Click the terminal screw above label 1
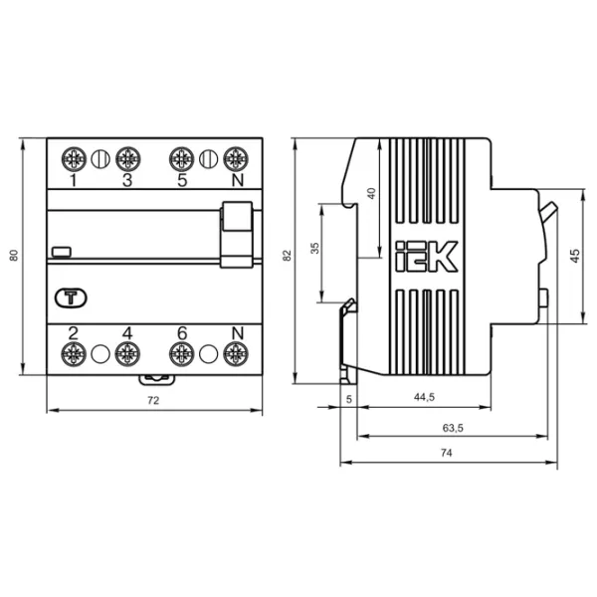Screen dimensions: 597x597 (74, 159)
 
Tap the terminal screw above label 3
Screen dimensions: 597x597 (128, 159)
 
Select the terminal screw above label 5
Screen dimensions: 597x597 (182, 159)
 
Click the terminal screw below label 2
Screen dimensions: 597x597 (74, 354)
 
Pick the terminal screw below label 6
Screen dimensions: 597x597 (182, 354)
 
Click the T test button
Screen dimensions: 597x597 (71, 298)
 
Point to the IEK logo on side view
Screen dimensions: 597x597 (427, 257)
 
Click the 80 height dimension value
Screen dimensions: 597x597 (14, 255)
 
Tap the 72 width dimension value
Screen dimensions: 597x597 (153, 401)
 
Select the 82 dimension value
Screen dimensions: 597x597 (288, 255)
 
